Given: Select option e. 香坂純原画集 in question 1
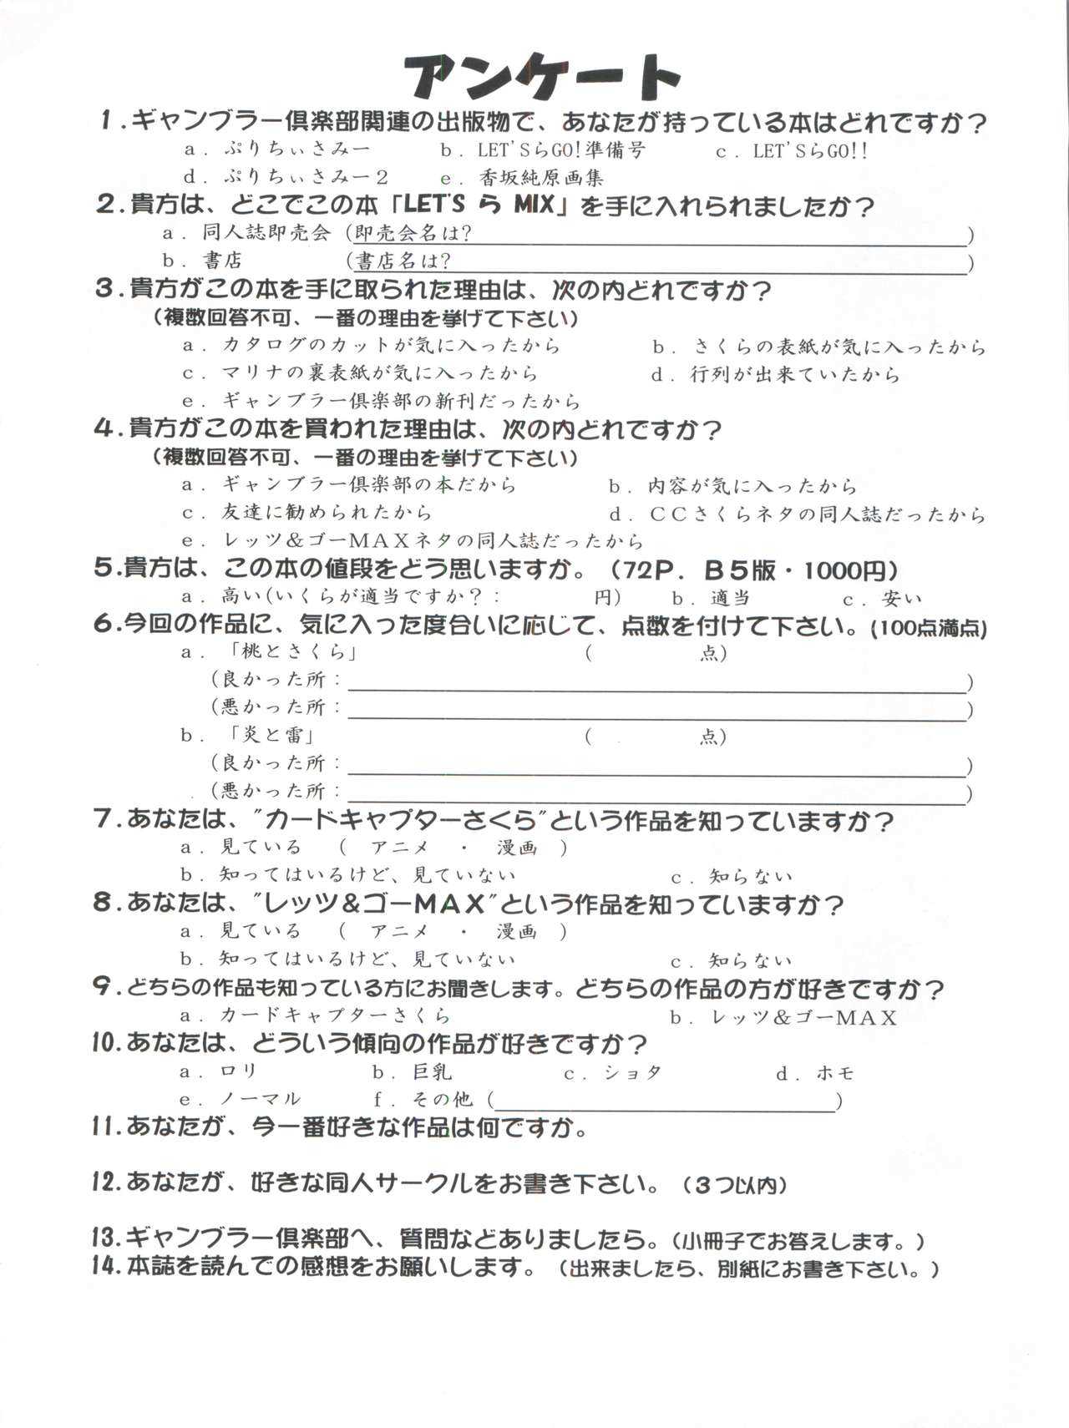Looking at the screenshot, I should [522, 177].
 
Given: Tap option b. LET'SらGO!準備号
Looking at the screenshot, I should [543, 150].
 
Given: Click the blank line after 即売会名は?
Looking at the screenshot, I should [718, 236].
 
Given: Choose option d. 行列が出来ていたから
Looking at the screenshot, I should [776, 375].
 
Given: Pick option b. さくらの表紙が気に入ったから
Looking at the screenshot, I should [819, 347].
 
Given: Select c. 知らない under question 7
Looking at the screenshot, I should [732, 876].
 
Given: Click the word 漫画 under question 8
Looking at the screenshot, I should [517, 931].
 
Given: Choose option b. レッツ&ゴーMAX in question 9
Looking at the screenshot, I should [783, 1017].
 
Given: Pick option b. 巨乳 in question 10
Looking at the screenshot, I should [413, 1072].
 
